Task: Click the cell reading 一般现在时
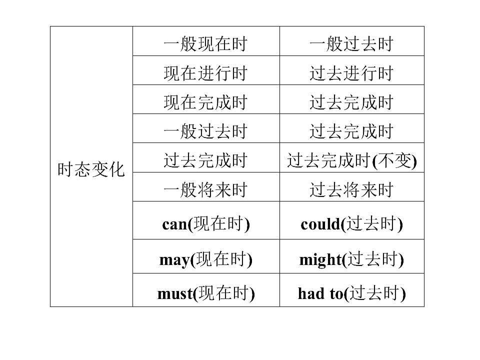206,41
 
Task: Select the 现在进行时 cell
206,70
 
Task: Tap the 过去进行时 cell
351,70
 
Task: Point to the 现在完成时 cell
206,99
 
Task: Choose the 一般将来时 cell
206,187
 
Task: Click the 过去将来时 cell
351,187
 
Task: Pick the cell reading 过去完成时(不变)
351,157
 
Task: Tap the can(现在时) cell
206,220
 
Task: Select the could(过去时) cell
351,220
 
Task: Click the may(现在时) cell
206,256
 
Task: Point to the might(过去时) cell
351,256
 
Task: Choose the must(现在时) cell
206,290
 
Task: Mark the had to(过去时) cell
351,290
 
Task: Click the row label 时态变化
91,169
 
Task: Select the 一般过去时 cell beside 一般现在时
351,41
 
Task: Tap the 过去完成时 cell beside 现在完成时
351,99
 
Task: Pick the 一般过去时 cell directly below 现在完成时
206,128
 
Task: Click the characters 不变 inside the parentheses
394,160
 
